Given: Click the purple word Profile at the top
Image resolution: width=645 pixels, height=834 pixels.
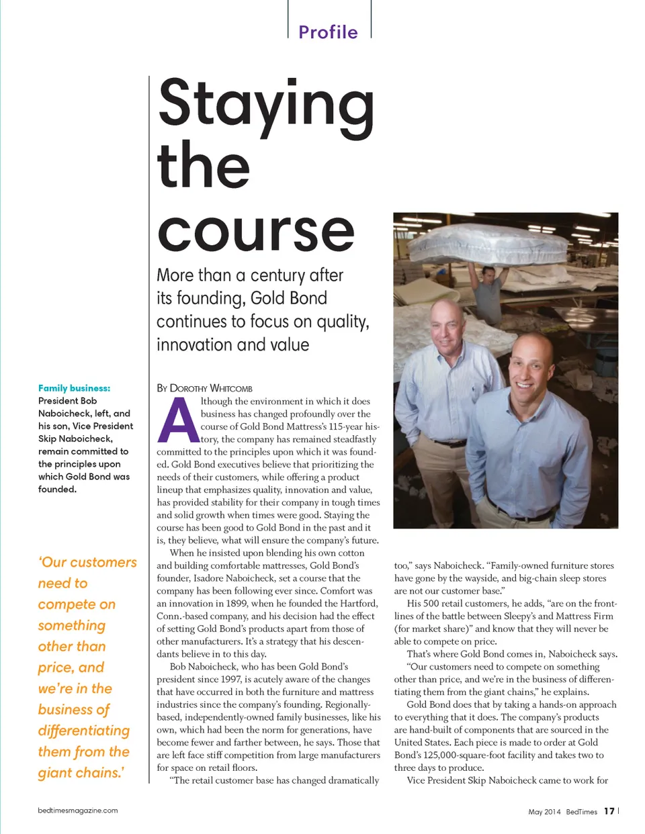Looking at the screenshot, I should coord(328,32).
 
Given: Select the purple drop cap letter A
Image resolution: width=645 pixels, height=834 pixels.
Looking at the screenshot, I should coord(177,421).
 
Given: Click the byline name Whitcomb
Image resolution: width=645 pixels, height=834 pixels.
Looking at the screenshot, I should coord(231,388).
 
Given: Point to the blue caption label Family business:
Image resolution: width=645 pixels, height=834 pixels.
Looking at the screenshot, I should coord(74,388).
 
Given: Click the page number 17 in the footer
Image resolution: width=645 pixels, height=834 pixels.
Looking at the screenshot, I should coord(609,811).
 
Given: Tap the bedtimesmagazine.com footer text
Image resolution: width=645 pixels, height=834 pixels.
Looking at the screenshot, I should coord(78,810).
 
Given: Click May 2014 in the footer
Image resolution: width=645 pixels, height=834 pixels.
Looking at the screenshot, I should coord(544,812).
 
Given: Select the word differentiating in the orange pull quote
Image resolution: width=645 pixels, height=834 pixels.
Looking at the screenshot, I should coord(84,731).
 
